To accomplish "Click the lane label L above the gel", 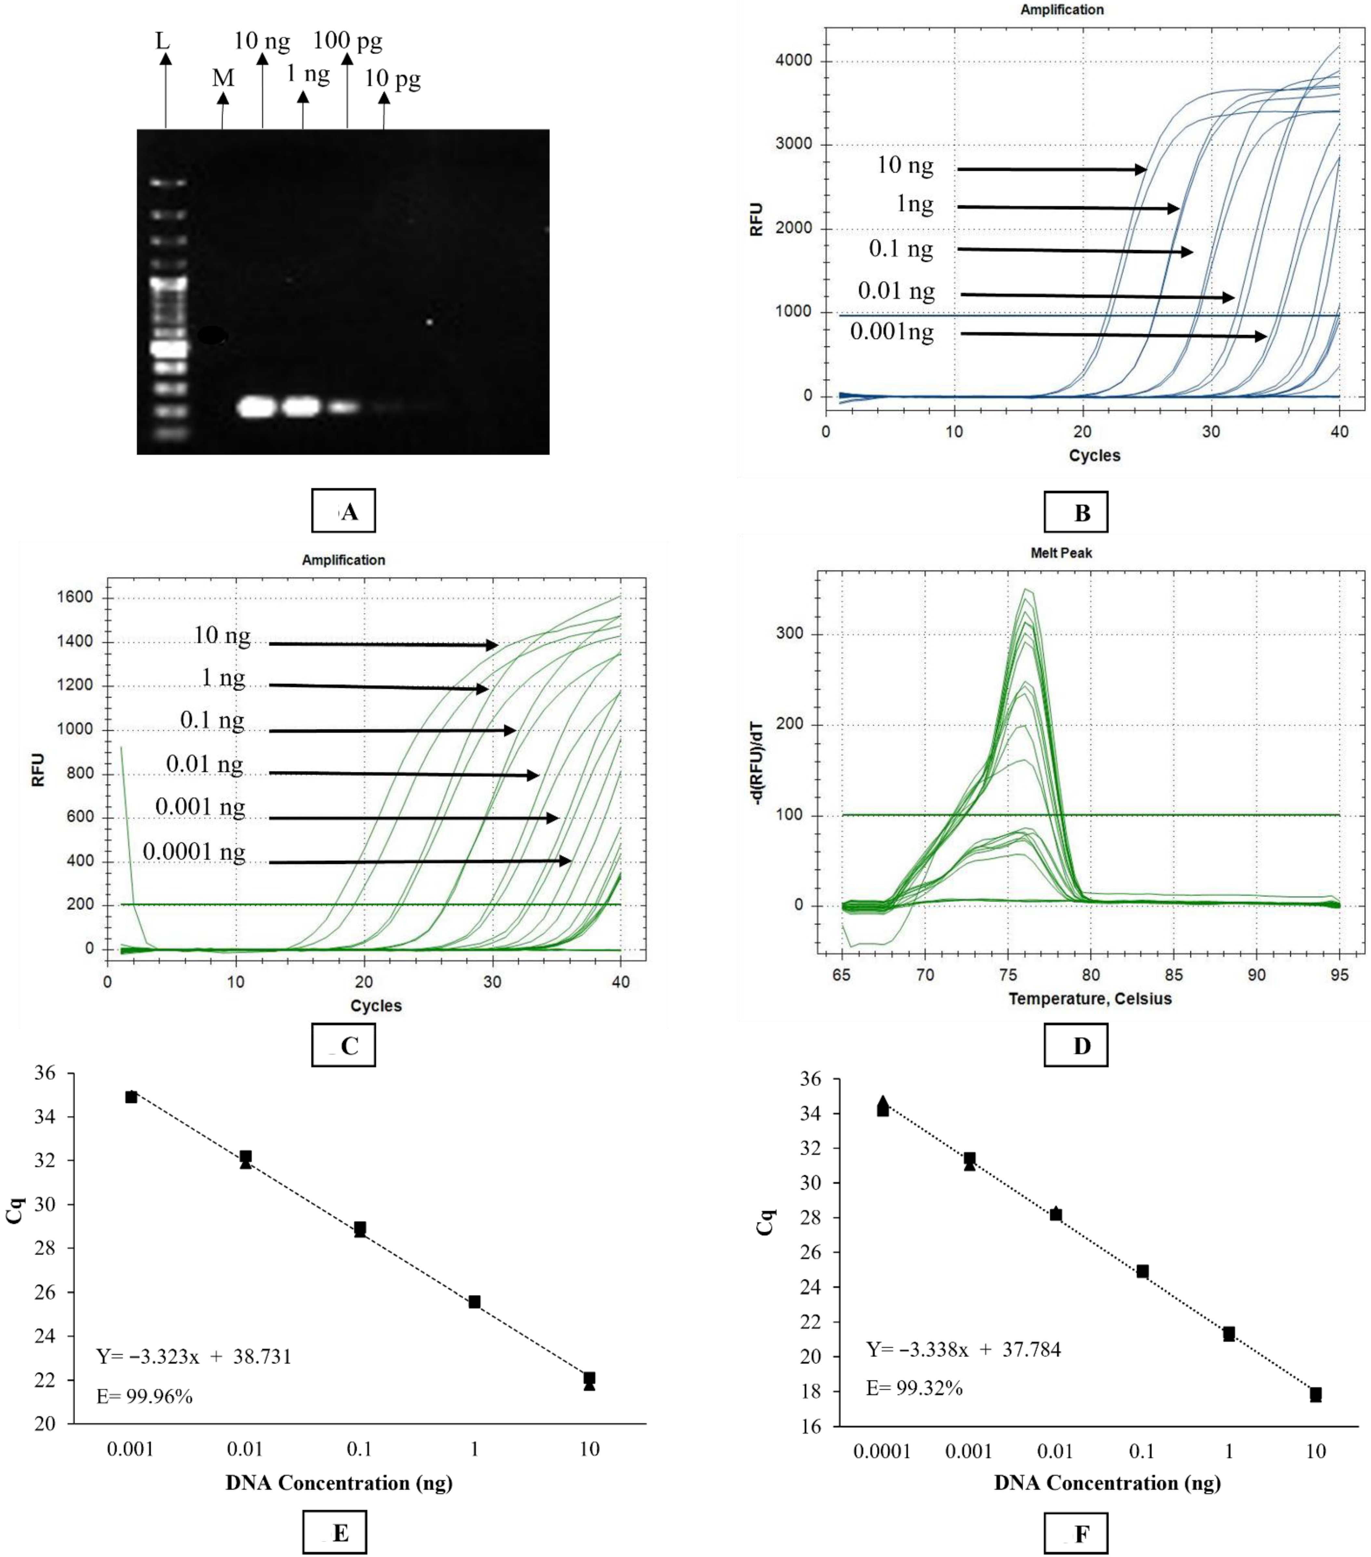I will click(x=162, y=40).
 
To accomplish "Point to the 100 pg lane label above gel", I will click(x=348, y=40).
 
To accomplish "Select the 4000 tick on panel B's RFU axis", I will click(x=793, y=61).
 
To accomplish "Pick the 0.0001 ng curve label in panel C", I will click(x=194, y=851).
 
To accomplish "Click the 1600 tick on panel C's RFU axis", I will click(x=75, y=597).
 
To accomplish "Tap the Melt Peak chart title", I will click(x=1061, y=553).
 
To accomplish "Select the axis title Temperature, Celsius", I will click(x=1090, y=999).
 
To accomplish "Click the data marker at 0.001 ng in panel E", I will click(x=131, y=1097).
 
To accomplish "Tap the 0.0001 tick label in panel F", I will click(x=882, y=1451).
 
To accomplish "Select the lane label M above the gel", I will click(x=222, y=78).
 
